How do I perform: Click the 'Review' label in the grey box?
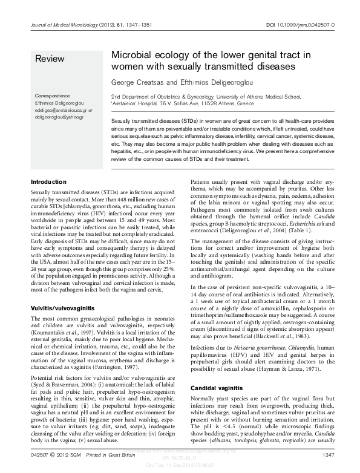pos(48,59)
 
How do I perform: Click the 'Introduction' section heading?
pos(49,182)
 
